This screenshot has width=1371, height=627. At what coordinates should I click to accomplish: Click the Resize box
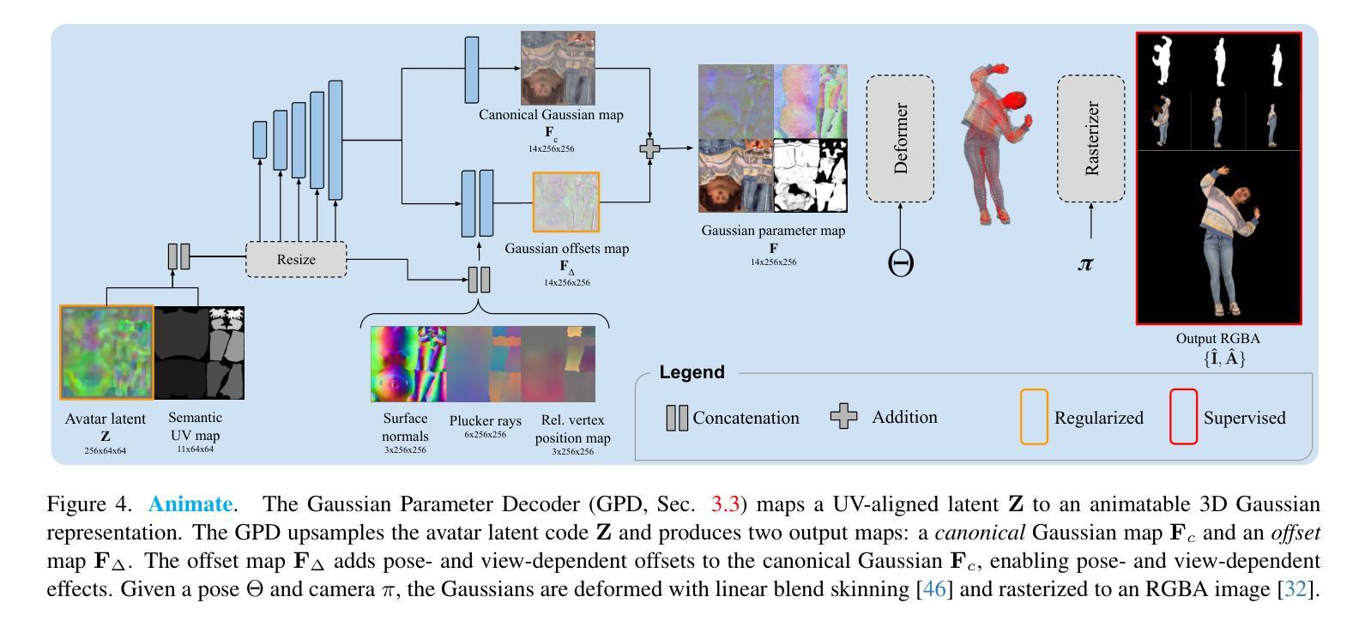pyautogui.click(x=296, y=259)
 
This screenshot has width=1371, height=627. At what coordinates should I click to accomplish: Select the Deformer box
pyautogui.click(x=900, y=138)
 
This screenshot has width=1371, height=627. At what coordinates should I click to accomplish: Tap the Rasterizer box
pyautogui.click(x=1090, y=138)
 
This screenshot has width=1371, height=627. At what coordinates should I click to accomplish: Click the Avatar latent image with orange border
pyautogui.click(x=106, y=353)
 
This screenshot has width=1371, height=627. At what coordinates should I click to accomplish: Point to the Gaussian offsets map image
pyautogui.click(x=566, y=202)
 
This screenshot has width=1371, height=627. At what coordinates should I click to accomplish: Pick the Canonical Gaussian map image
pyautogui.click(x=558, y=68)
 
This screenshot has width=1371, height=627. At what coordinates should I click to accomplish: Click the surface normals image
pyautogui.click(x=408, y=364)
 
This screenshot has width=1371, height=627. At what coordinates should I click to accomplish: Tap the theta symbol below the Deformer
pyautogui.click(x=900, y=263)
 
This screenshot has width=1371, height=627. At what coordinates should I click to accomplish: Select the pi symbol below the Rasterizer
pyautogui.click(x=1085, y=264)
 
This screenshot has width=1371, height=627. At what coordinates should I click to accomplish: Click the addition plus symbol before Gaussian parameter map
pyautogui.click(x=650, y=148)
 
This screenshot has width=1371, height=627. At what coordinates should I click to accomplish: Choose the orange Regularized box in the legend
pyautogui.click(x=1034, y=417)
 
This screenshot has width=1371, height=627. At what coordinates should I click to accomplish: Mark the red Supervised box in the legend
pyautogui.click(x=1183, y=417)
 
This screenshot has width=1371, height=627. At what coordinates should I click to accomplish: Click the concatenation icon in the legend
pyautogui.click(x=677, y=418)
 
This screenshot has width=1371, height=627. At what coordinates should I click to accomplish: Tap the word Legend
pyautogui.click(x=692, y=372)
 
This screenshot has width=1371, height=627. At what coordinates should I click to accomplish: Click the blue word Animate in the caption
pyautogui.click(x=191, y=503)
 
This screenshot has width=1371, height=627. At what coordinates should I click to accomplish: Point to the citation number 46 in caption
pyautogui.click(x=934, y=589)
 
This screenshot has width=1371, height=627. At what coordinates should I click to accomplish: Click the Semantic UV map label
pyautogui.click(x=195, y=426)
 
